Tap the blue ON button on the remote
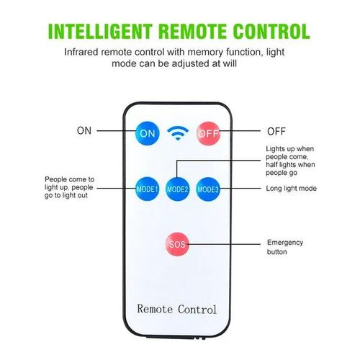(148, 133)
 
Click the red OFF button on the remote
(208, 133)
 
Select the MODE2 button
(178, 189)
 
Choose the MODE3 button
(208, 189)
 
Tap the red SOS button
(177, 244)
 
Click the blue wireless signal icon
(178, 133)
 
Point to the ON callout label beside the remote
(84, 131)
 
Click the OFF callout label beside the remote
(276, 132)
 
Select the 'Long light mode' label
(291, 189)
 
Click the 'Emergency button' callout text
(285, 247)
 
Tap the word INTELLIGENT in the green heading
(100, 32)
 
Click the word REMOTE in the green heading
(192, 32)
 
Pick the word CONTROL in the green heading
(271, 32)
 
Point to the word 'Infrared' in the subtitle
(81, 52)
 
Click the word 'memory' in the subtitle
(205, 53)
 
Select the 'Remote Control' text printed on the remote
(177, 309)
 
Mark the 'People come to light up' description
(69, 187)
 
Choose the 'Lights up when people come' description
(290, 161)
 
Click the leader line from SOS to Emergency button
(224, 244)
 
